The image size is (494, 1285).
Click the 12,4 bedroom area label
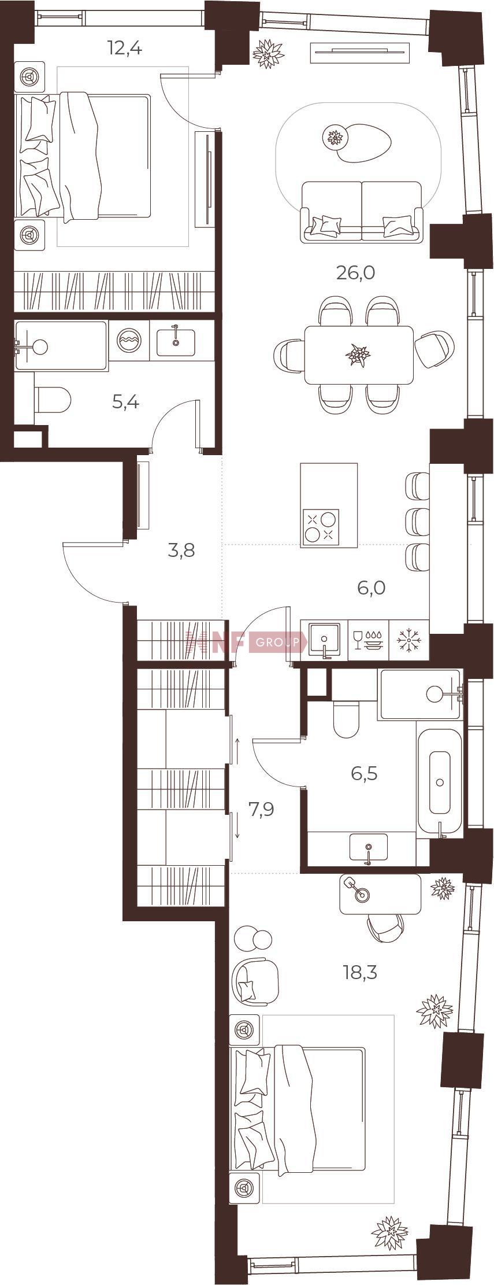coord(125,47)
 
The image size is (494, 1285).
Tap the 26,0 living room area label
coord(356,272)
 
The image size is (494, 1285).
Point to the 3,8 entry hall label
coord(181,551)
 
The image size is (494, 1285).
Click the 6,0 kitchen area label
coord(371,588)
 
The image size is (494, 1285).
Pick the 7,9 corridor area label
coord(261,809)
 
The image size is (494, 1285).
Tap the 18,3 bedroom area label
coord(360,972)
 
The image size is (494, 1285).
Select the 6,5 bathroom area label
coord(364,773)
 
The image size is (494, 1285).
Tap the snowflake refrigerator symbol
coord(410,640)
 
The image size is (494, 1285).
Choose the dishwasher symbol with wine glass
coord(369,640)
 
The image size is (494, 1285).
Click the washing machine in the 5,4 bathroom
coord(129,341)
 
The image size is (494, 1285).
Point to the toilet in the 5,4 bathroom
coord(53,400)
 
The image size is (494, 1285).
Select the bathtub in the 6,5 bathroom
coord(440,782)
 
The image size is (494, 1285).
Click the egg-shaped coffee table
coord(365,143)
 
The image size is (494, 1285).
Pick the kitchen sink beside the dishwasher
coord(324,640)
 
